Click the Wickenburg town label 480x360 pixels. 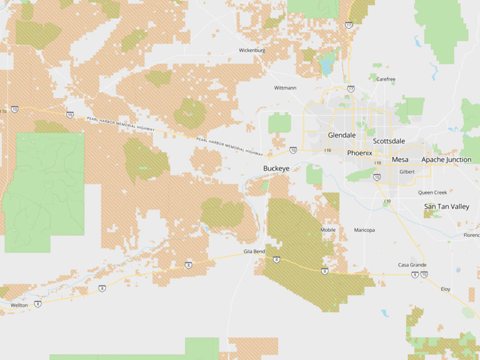(252, 50)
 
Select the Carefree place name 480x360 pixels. (386, 79)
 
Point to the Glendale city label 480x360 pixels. (342, 135)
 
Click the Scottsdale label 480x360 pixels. (389, 141)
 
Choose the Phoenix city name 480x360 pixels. (359, 153)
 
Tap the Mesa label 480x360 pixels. (400, 159)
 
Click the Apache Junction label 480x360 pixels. (446, 160)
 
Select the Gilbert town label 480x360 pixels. (407, 171)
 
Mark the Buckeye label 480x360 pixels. (276, 169)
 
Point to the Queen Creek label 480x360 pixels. (432, 192)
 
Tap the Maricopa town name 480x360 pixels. (364, 230)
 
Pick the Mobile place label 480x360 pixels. (328, 230)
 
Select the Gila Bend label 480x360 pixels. (254, 251)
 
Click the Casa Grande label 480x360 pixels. (412, 265)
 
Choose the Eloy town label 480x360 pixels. (446, 289)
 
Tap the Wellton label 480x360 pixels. (19, 305)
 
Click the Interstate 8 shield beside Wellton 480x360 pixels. (38, 304)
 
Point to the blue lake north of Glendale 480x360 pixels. (326, 64)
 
